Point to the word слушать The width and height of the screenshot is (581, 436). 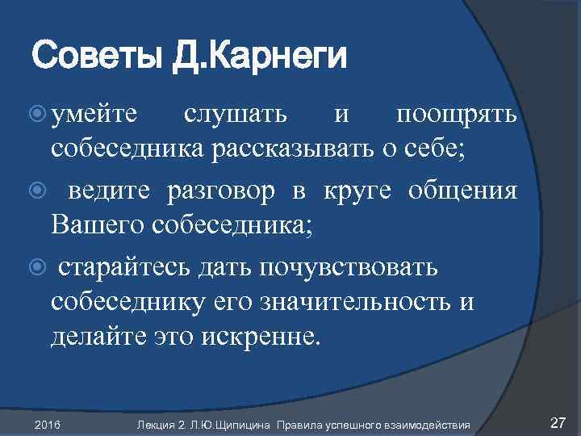(235, 116)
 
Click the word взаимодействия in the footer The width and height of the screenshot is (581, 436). (434, 425)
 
